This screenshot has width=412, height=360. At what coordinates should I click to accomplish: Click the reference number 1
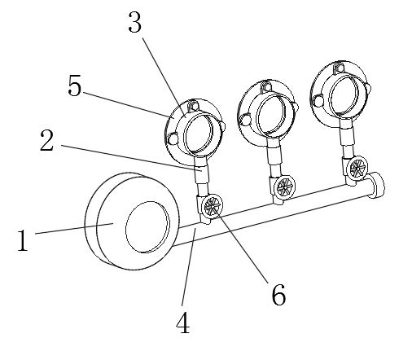tap(24, 240)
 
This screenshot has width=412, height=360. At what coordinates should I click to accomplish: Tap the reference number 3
tap(135, 24)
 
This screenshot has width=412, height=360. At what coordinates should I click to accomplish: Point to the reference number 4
tap(182, 323)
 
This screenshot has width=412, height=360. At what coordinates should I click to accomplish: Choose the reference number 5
tap(75, 87)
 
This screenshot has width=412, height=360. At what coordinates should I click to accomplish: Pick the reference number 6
tap(278, 295)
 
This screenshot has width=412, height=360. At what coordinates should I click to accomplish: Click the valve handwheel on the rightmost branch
tap(357, 169)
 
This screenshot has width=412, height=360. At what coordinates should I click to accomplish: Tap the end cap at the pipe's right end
tap(378, 184)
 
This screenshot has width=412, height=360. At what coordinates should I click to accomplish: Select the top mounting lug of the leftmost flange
tap(192, 105)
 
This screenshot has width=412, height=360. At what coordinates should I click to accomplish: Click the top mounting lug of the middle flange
tap(266, 84)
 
